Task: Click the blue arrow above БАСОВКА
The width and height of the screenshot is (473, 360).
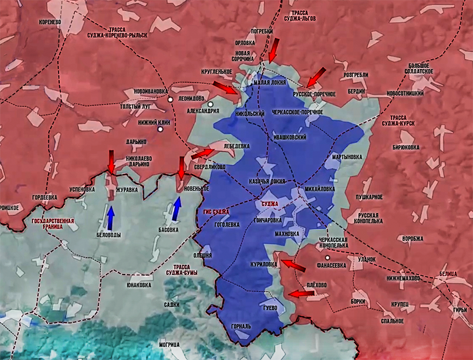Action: [x=177, y=210]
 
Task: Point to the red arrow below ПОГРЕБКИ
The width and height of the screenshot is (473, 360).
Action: [x=274, y=50]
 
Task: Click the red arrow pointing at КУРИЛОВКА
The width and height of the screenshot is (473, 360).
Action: [x=293, y=265]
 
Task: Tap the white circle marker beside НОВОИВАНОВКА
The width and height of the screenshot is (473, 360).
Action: [x=171, y=99]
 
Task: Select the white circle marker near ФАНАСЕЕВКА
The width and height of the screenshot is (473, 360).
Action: [x=327, y=258]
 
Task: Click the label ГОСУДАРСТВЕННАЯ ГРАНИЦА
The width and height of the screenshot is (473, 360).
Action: [x=53, y=223]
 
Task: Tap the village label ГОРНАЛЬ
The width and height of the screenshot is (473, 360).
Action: [x=241, y=326]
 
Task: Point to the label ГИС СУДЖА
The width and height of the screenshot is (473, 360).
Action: [x=216, y=212]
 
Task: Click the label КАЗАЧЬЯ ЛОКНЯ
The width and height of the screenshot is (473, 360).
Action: [x=267, y=181]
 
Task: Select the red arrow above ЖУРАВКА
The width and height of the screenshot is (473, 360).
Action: [x=111, y=161]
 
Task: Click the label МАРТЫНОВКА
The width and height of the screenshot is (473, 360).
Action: [x=347, y=156]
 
